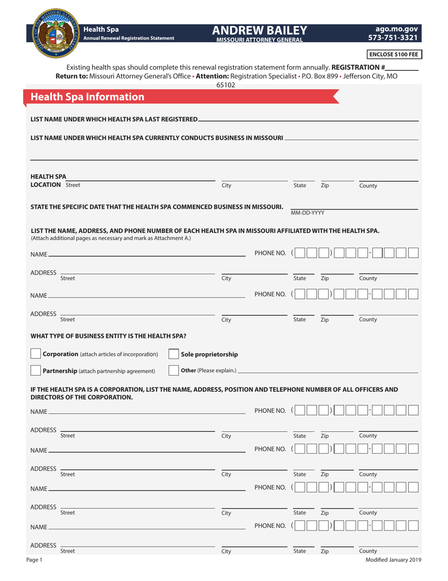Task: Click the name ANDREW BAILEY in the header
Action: coord(259,30)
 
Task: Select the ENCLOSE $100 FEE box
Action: coord(394,54)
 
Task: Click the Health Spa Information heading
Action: coord(87,97)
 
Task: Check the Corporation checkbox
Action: coord(35,354)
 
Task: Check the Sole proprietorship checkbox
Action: coord(174,354)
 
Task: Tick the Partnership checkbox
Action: coord(35,370)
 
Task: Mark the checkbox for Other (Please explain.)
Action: coord(174,370)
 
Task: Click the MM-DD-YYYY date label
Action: coord(307,213)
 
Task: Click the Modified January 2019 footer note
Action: coord(393,560)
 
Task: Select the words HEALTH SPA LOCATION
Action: coord(48,181)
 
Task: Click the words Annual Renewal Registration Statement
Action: coord(128,38)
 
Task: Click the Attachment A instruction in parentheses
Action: coord(111,238)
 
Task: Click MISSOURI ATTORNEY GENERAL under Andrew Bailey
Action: coord(259,40)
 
